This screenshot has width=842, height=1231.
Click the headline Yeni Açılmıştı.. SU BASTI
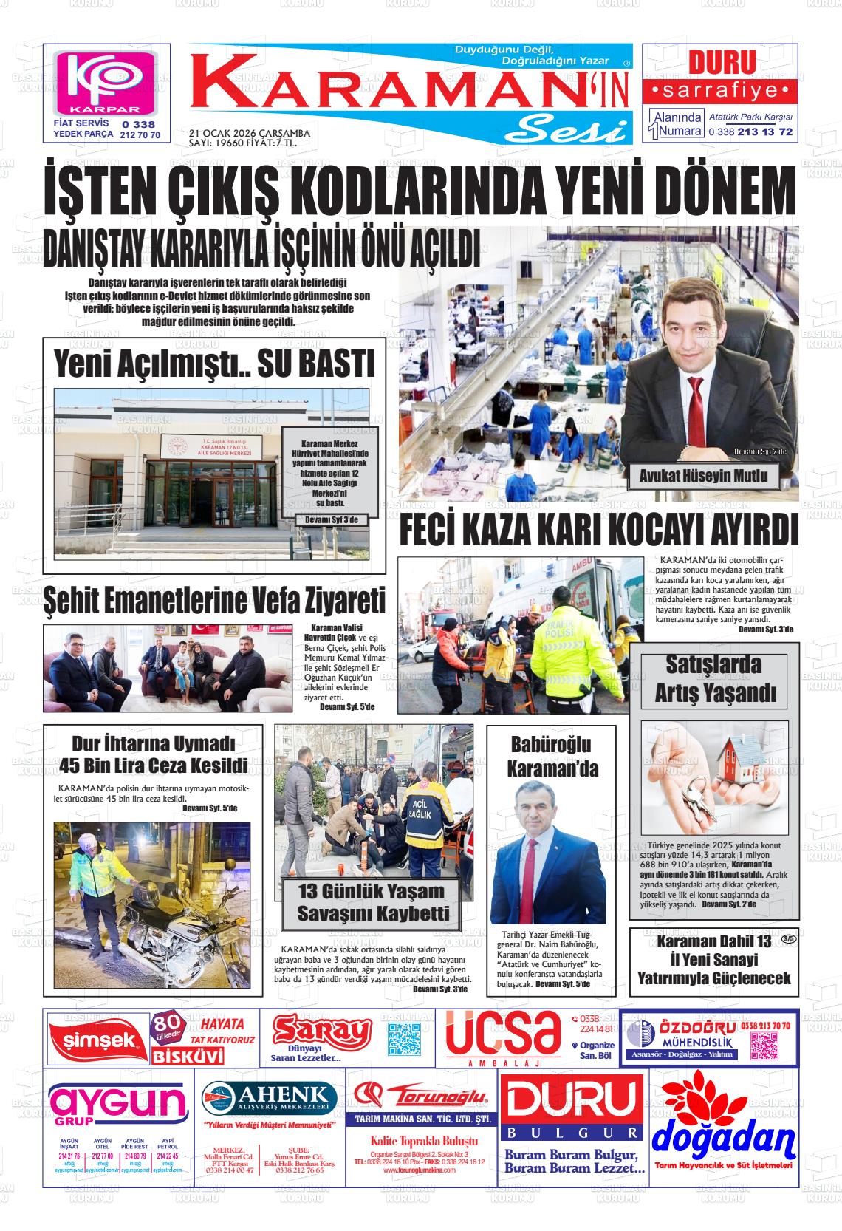coord(214,365)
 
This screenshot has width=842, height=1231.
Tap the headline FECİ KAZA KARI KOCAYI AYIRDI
coord(598,530)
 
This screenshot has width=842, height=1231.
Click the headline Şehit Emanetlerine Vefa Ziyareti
coord(214,600)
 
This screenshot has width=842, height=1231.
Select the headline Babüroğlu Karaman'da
coord(552,756)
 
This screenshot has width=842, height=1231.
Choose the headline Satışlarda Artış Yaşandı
coord(715,679)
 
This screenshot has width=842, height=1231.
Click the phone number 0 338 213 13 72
coord(750,132)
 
